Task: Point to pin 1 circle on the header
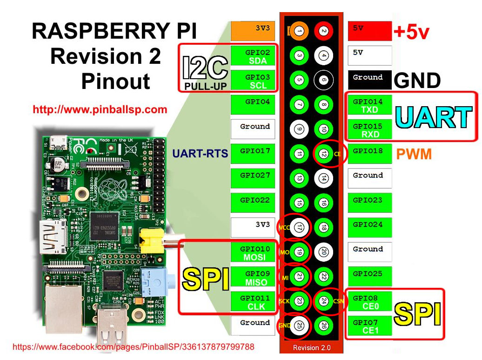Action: (x=300, y=31)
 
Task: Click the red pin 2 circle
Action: (x=323, y=31)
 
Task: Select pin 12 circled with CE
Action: (x=324, y=153)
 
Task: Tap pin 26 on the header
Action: (x=323, y=325)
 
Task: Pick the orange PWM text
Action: (x=414, y=154)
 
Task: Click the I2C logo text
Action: (x=204, y=69)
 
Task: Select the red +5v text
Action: (x=411, y=32)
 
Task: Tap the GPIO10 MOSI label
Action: (x=254, y=253)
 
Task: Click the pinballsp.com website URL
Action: (x=100, y=110)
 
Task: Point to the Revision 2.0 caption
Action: (x=312, y=347)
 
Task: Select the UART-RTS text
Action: (x=200, y=153)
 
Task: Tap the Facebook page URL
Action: (x=134, y=347)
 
